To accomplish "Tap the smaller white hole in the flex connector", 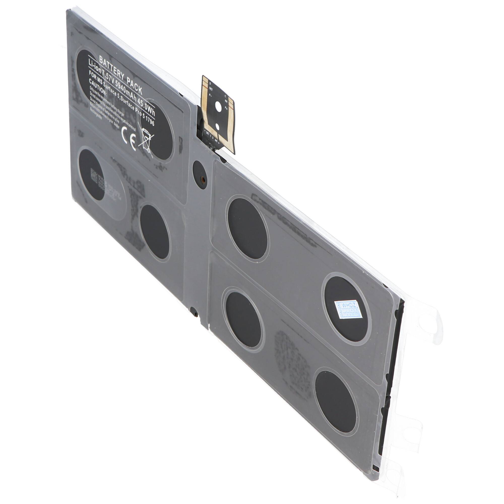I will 217,127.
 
